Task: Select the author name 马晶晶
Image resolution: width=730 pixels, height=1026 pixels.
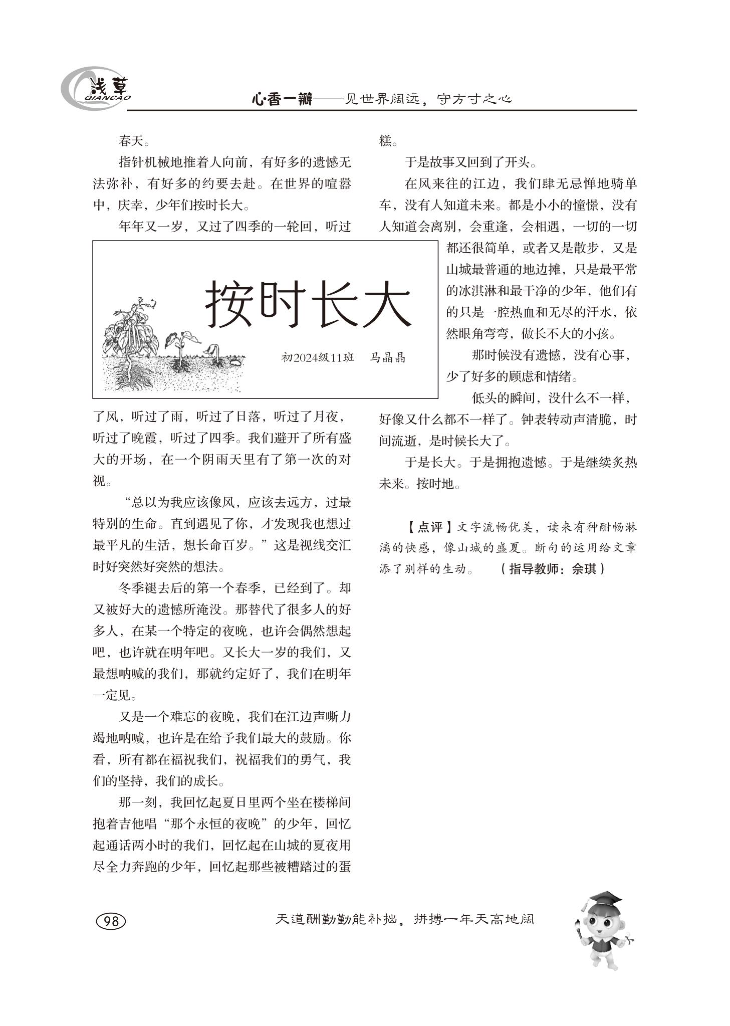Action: (x=387, y=358)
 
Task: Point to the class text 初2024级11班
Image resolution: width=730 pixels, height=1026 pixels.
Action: (x=318, y=358)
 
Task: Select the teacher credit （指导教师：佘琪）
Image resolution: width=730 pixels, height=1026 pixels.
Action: (x=553, y=569)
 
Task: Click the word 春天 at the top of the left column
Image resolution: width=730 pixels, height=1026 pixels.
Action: (x=131, y=141)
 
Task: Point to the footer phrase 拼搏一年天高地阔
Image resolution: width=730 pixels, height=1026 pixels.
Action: (x=474, y=919)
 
